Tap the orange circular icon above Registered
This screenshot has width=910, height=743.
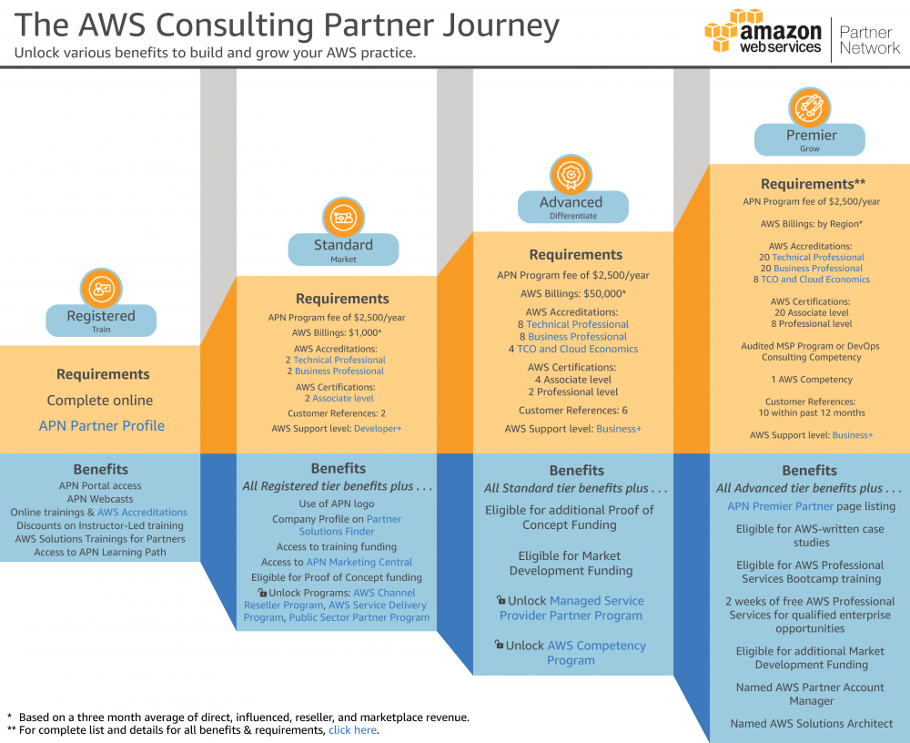[101, 289]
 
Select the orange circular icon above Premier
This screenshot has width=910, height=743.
[809, 107]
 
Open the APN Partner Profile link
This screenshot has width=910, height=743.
[101, 425]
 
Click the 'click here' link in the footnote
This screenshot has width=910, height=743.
[353, 729]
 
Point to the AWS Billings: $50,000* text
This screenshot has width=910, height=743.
[572, 293]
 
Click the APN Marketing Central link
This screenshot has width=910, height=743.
[359, 562]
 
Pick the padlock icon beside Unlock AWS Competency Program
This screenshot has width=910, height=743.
[499, 645]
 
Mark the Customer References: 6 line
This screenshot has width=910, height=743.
[572, 411]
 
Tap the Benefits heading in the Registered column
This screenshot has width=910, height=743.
[101, 469]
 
